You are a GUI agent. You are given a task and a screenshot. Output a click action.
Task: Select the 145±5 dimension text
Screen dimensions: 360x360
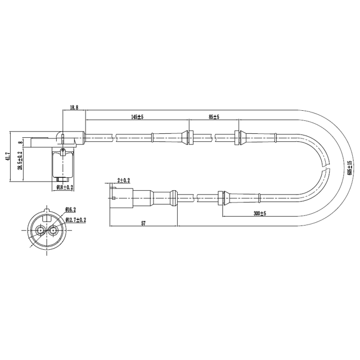[x=137, y=117]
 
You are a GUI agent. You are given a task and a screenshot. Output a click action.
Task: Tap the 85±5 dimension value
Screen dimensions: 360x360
[x=214, y=117]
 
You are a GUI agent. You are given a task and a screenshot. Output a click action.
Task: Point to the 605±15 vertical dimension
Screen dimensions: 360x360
[x=349, y=167]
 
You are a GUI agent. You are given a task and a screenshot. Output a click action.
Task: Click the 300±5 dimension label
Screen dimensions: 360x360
[x=259, y=214]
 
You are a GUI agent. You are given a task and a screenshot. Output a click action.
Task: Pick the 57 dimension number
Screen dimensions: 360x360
[x=143, y=223]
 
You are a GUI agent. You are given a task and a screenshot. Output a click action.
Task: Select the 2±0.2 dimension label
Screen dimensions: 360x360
[x=123, y=180]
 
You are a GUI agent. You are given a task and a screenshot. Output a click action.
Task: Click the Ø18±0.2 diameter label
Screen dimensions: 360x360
[x=65, y=187]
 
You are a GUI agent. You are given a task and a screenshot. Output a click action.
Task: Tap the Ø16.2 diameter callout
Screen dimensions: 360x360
[x=70, y=209]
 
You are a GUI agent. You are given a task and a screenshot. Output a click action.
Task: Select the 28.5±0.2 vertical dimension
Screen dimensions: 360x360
[x=20, y=160]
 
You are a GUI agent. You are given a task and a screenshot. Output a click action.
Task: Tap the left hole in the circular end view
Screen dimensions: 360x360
[x=40, y=230]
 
